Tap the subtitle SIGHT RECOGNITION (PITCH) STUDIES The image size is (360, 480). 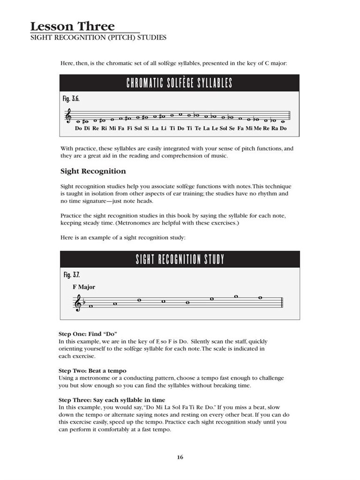click(98, 37)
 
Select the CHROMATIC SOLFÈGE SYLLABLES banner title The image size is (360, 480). click(180, 83)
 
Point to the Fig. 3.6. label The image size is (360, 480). click(71, 99)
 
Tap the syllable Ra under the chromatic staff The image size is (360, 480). click(275, 128)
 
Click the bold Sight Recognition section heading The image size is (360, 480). click(93, 171)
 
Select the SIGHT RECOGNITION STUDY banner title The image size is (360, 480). click(180, 259)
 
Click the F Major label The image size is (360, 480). click(84, 287)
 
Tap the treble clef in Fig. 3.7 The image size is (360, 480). click(78, 304)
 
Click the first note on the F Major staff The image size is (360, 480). click(90, 307)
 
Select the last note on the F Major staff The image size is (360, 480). click(261, 297)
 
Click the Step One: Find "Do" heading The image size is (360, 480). click(88, 334)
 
